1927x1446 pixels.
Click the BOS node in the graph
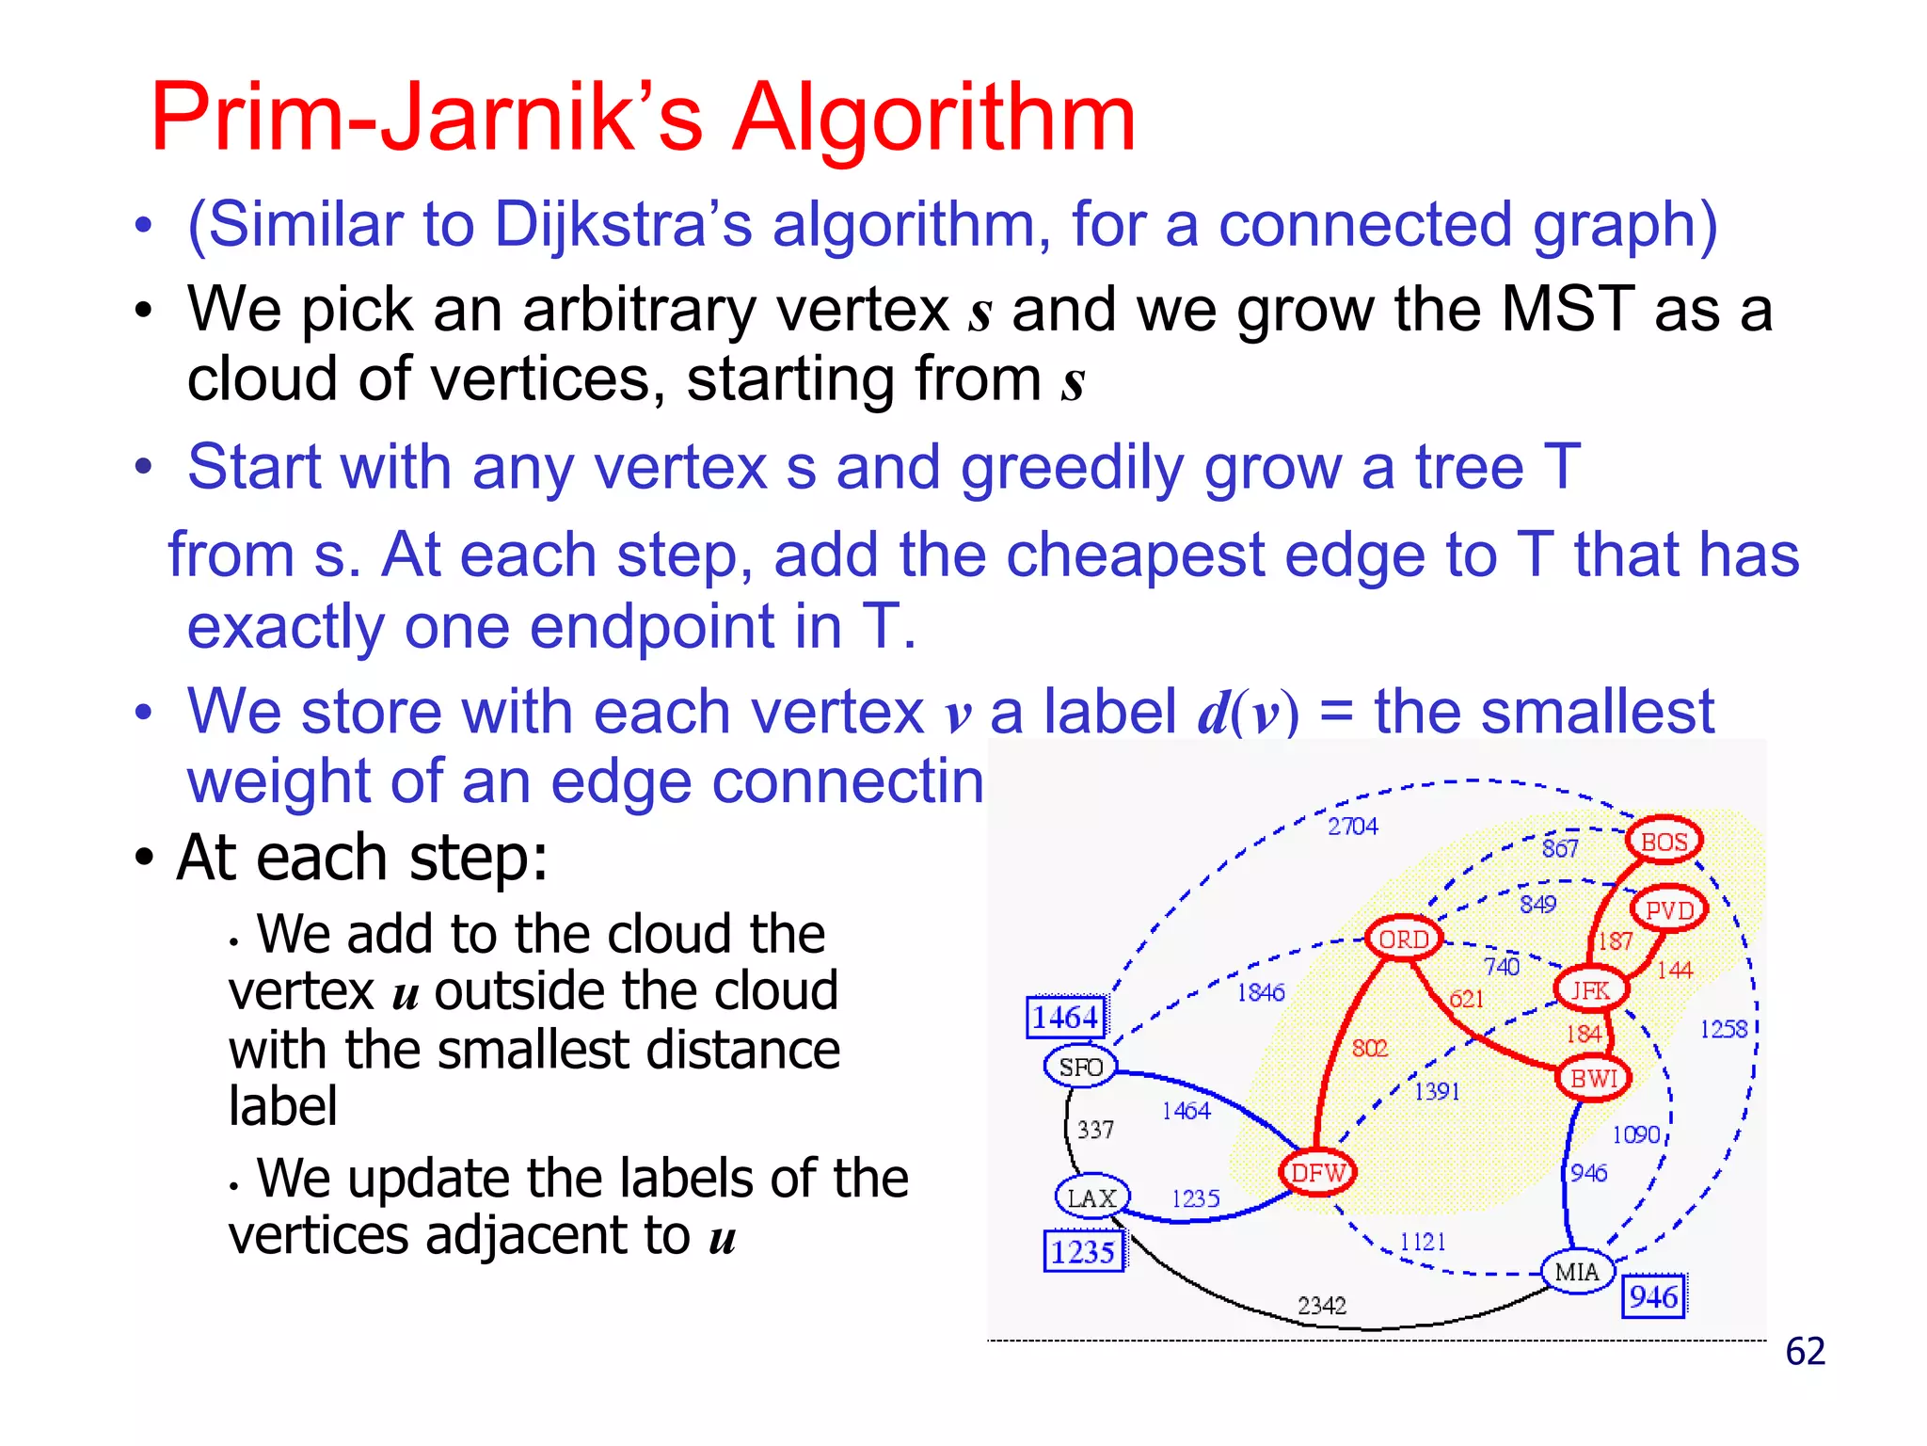[x=1664, y=841]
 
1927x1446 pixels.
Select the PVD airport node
[x=1669, y=909]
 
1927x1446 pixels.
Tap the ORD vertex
[x=1403, y=939]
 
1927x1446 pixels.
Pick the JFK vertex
[x=1590, y=989]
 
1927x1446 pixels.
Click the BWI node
[x=1594, y=1078]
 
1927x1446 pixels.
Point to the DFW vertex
[x=1317, y=1173]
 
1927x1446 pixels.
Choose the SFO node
[x=1080, y=1067]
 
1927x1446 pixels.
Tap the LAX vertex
[x=1091, y=1197]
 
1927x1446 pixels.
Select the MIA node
[x=1577, y=1272]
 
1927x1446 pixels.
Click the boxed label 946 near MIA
[x=1653, y=1296]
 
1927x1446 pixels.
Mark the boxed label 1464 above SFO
[x=1065, y=1017]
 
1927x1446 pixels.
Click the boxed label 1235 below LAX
[x=1083, y=1251]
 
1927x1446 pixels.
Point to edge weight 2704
[x=1352, y=826]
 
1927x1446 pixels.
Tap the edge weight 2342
[x=1321, y=1305]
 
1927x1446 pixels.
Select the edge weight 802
[x=1369, y=1048]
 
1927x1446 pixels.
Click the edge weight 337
[x=1095, y=1129]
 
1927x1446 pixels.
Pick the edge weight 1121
[x=1422, y=1242]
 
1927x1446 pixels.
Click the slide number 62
[x=1805, y=1351]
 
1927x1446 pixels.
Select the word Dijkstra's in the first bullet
[x=623, y=225]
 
